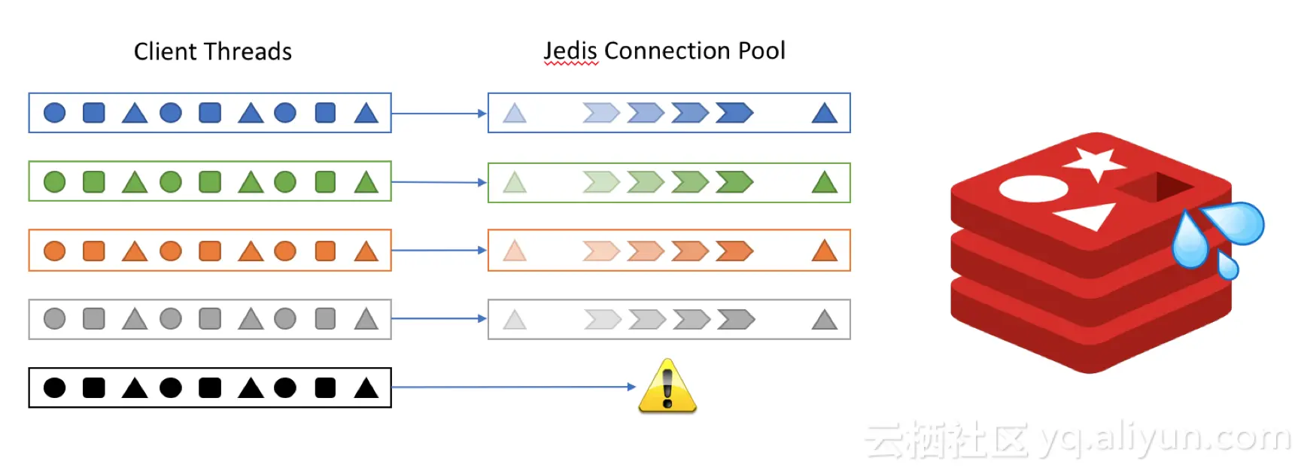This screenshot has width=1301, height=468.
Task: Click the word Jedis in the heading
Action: point(570,50)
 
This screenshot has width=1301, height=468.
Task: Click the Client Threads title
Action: point(212,51)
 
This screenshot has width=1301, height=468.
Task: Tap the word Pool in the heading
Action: point(761,50)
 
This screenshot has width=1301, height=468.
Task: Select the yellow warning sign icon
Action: point(667,387)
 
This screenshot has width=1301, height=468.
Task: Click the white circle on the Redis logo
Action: point(1033,188)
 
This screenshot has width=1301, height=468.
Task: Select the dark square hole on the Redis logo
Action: point(1155,187)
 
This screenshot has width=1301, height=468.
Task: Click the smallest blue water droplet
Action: point(1227,265)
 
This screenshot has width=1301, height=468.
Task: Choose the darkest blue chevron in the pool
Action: point(734,113)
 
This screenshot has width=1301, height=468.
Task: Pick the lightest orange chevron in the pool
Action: point(601,251)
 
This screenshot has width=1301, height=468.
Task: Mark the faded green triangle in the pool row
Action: point(515,182)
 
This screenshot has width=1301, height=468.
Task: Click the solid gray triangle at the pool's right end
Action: point(825,320)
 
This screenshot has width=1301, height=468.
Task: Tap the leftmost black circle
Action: point(55,387)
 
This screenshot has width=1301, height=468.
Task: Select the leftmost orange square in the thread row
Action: point(94,251)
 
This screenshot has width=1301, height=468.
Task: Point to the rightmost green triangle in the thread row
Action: point(366,182)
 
